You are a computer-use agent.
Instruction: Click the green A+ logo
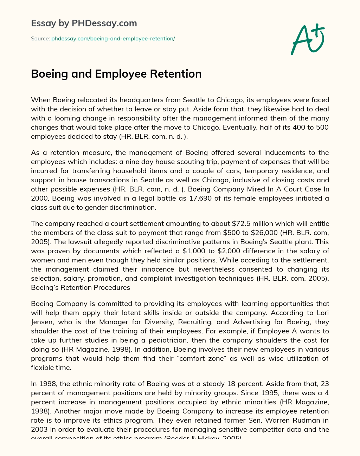coord(307,39)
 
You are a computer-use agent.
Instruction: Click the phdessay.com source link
coord(113,39)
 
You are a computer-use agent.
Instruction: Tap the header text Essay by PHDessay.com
coord(84,23)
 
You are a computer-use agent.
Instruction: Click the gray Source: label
coord(40,39)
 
